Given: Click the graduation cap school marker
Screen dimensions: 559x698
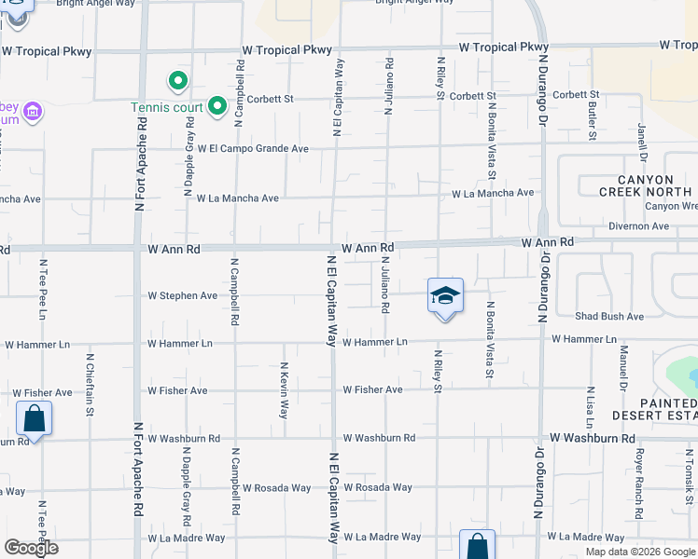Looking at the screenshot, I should (446, 296).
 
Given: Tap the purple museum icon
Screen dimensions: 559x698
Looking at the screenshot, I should (34, 113).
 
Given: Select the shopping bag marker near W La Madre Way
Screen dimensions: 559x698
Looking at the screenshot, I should (476, 544).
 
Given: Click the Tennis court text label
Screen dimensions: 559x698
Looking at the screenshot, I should (166, 107).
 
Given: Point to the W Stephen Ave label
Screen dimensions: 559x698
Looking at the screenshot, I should (183, 296).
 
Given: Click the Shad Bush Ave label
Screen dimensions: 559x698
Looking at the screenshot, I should (609, 317).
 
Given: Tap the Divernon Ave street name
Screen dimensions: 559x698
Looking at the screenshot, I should (638, 225).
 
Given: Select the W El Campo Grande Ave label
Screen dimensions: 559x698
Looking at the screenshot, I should (252, 148).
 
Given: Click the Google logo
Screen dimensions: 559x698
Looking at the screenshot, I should (31, 548).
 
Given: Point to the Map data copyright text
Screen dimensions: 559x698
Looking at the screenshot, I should (640, 552).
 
